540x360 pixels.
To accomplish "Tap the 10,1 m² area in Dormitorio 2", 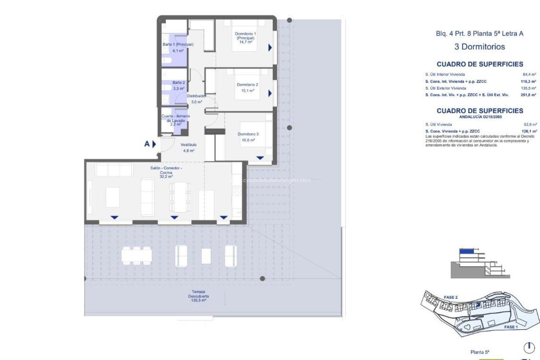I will [247, 91].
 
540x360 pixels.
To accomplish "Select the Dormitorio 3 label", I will [248, 134].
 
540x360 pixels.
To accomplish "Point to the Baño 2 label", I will [179, 83].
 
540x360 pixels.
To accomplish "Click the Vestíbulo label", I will [188, 145].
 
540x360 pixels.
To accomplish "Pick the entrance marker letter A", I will [147, 144].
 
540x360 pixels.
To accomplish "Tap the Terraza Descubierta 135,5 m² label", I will [198, 296].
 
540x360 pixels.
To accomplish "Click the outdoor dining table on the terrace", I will [137, 255].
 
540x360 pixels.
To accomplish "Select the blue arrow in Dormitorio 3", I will [260, 158].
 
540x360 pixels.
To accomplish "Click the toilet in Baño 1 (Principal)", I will [167, 60].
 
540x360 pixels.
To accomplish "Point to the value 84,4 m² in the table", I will [529, 75].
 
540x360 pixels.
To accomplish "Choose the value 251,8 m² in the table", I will [528, 95].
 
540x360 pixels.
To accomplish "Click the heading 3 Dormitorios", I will [480, 47].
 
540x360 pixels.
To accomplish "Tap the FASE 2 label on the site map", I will [451, 297].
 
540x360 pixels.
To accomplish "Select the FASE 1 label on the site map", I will [511, 327].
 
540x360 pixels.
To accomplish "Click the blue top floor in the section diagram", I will [466, 251].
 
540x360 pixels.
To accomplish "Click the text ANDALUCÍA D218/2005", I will [480, 117].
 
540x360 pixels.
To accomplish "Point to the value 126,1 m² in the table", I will [529, 131].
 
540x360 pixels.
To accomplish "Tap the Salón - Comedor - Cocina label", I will [166, 170].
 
